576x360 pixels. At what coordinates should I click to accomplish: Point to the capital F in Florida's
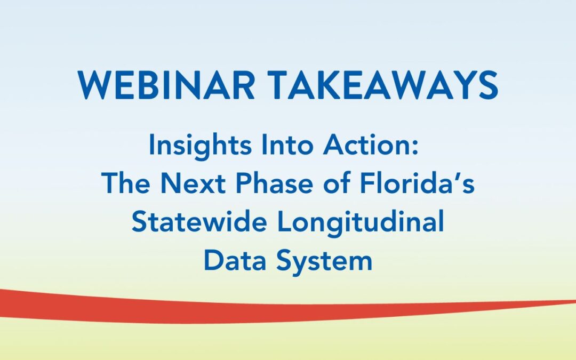(x=369, y=184)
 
